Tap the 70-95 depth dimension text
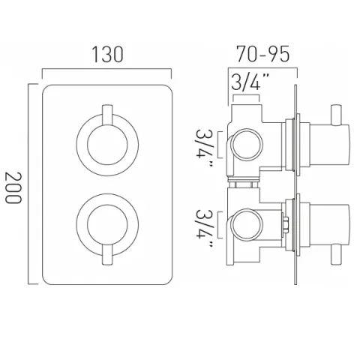coord(261,55)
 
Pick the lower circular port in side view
coord(245,223)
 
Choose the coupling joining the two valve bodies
coord(244,183)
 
